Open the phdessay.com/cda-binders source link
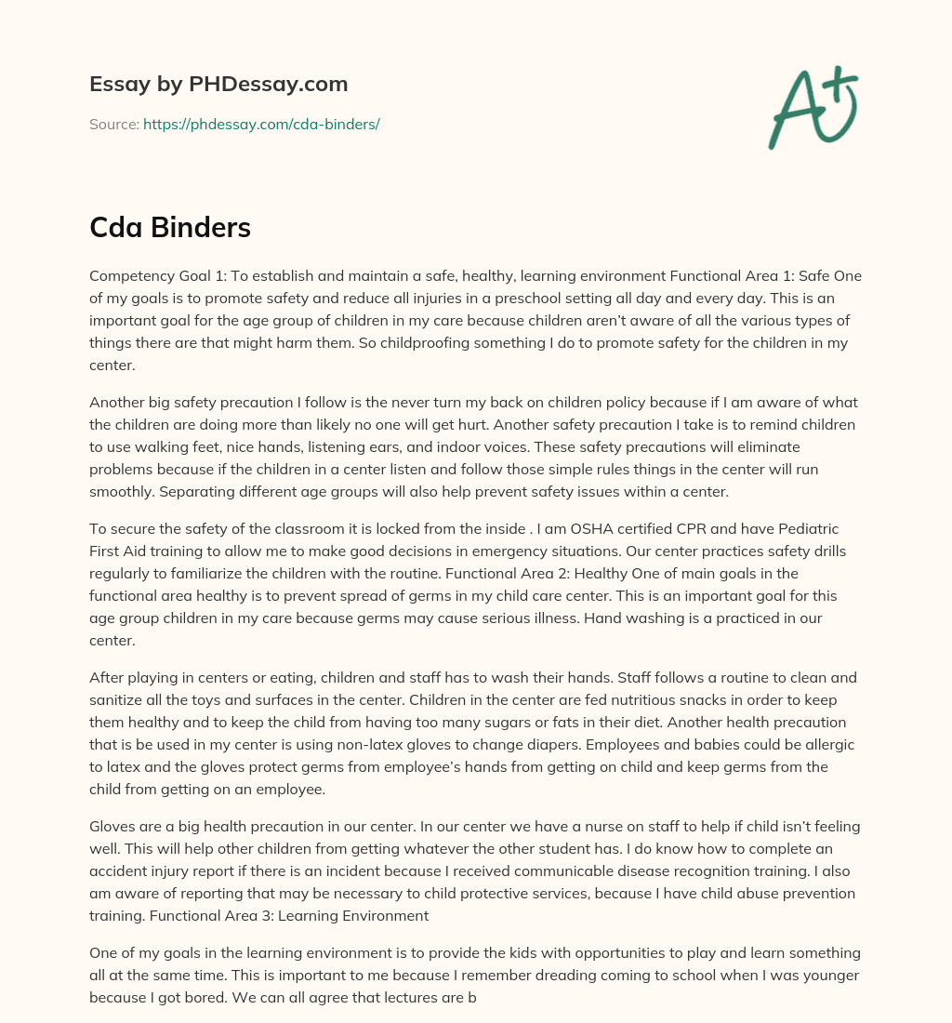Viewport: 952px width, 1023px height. click(261, 124)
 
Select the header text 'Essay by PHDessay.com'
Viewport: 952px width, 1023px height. click(218, 84)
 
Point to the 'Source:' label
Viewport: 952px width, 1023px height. click(113, 124)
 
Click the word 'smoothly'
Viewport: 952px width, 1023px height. click(126, 491)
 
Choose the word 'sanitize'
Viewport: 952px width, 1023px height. click(116, 699)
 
